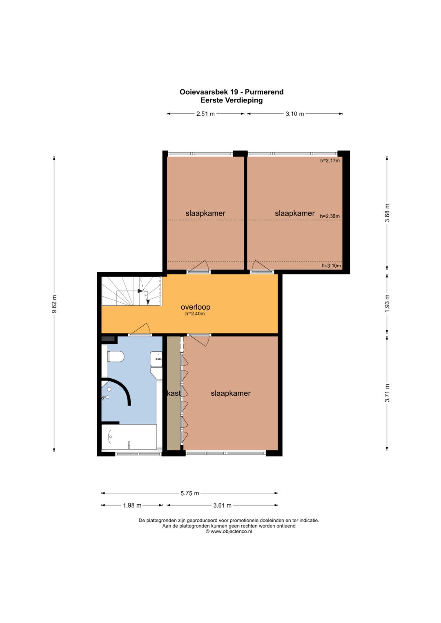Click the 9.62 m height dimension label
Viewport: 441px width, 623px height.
click(x=55, y=304)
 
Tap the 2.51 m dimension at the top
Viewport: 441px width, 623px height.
click(x=205, y=114)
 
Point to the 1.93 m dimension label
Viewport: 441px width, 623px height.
click(x=387, y=304)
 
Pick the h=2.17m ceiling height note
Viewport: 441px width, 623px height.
click(x=330, y=160)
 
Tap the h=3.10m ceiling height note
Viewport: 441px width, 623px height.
click(x=331, y=266)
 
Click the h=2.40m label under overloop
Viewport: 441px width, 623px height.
click(x=195, y=314)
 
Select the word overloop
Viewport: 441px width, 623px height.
click(x=196, y=307)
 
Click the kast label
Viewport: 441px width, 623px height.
click(x=174, y=393)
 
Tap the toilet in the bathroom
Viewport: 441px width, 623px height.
click(x=116, y=357)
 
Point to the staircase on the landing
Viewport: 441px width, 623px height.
click(x=131, y=291)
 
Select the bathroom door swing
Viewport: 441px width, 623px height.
click(x=140, y=330)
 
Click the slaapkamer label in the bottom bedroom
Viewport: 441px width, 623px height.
click(x=231, y=393)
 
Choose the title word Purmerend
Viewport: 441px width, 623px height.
click(x=264, y=92)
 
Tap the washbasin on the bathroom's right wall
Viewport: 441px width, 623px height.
click(x=156, y=359)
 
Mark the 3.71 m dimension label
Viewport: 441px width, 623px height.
click(x=387, y=392)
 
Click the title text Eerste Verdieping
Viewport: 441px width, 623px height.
click(x=232, y=100)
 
